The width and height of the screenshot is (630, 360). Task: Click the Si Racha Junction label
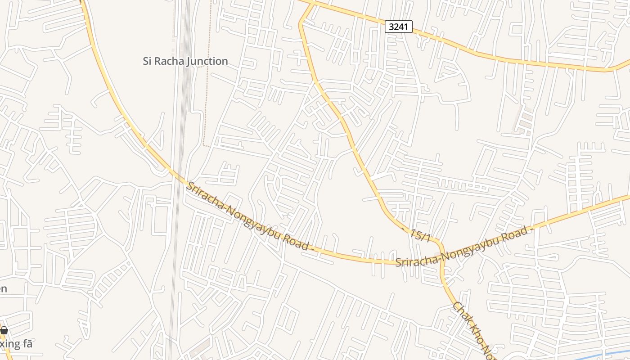pos(185,61)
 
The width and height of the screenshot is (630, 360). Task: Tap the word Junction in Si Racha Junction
pos(207,61)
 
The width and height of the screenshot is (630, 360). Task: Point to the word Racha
pos(169,61)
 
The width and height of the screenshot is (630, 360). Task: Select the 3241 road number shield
pos(398,27)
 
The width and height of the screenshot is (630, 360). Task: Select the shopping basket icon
pos(4,331)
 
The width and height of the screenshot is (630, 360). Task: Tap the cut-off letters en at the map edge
pos(3,288)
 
